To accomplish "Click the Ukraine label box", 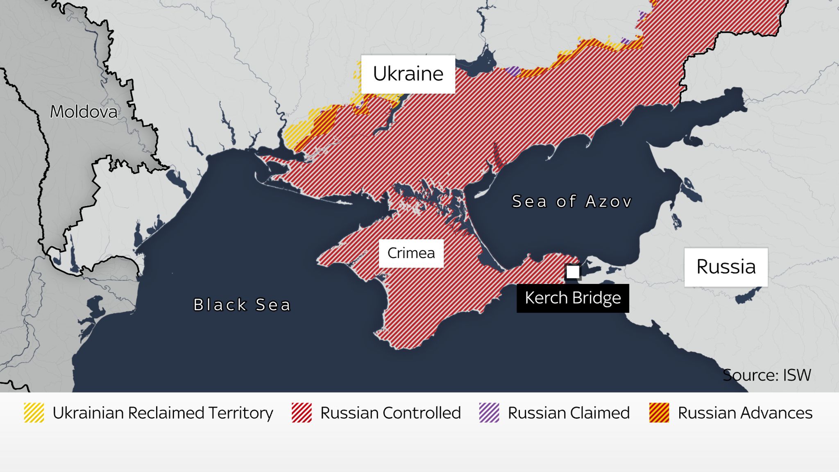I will [408, 74].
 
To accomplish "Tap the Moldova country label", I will [84, 112].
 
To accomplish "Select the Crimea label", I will [411, 253].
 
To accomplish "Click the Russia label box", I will [726, 267].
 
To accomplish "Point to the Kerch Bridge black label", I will [572, 298].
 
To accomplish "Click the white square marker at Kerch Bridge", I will [573, 272].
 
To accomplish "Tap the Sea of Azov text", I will [572, 202].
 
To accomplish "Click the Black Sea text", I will [242, 305].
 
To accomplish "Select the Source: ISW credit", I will [766, 375].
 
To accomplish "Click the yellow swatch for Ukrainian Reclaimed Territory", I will [34, 413].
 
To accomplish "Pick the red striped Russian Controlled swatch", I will [302, 413].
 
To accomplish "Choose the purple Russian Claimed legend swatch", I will [489, 413].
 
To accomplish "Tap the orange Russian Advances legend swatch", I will [659, 413].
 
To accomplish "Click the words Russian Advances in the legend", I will [745, 413].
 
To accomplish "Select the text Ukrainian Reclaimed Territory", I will [163, 413].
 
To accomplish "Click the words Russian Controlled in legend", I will [390, 413].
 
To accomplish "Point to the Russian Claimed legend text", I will [569, 413].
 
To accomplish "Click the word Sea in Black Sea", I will [273, 305].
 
